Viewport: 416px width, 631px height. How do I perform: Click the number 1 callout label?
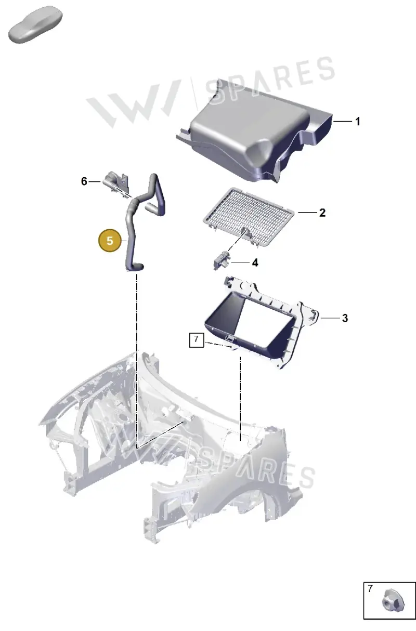click(x=358, y=122)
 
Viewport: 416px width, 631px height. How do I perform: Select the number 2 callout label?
click(x=322, y=213)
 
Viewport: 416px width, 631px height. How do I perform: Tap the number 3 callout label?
click(x=345, y=318)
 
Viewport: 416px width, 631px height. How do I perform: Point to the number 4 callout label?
click(x=255, y=263)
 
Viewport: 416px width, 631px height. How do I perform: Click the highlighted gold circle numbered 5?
click(x=110, y=241)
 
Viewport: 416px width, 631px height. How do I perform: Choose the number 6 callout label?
click(x=84, y=181)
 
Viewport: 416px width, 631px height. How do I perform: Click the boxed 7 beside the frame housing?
click(x=197, y=340)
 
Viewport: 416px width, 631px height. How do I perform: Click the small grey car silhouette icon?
click(x=35, y=24)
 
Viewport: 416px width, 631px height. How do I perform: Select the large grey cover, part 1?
click(x=254, y=135)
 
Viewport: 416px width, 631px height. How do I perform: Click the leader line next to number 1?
click(x=343, y=122)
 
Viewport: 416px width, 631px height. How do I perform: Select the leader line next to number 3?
click(x=330, y=318)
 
